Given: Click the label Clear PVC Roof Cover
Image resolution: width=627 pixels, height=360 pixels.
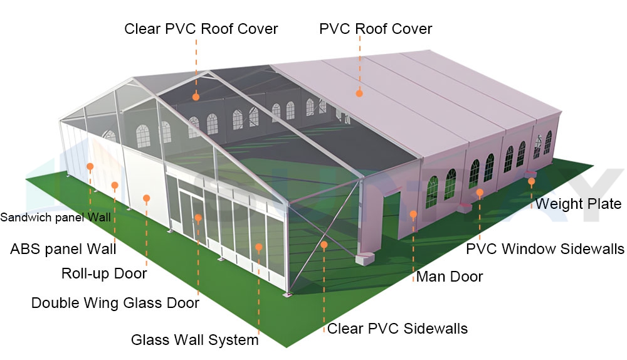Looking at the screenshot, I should click(201, 29).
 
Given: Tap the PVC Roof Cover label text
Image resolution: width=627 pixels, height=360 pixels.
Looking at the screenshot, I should click(376, 29).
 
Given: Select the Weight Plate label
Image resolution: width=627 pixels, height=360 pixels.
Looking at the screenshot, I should click(577, 204).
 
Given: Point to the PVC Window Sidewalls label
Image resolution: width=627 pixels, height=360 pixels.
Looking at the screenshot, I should click(545, 249).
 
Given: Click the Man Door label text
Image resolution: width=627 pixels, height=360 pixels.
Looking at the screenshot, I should click(450, 277).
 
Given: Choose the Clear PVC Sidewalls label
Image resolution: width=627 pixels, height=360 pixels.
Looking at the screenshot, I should click(398, 329).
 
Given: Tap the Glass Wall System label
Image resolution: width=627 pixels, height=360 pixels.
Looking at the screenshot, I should click(194, 341).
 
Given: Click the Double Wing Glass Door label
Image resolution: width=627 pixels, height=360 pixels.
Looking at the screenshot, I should click(115, 304).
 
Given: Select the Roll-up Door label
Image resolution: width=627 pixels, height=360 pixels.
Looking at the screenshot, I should click(104, 274).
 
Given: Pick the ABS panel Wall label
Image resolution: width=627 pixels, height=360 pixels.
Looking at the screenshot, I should click(63, 249).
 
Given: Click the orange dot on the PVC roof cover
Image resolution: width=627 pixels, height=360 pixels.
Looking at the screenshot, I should click(359, 93).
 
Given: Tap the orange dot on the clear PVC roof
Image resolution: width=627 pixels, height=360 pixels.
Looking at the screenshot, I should click(196, 97).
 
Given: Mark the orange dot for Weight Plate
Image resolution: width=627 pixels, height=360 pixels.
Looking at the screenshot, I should click(531, 181).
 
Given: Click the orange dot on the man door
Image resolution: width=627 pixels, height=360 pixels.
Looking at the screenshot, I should click(413, 214).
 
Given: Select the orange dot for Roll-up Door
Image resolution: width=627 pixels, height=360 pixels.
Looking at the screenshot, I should click(146, 198).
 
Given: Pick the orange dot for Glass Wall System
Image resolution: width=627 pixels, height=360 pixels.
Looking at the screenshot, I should click(258, 247).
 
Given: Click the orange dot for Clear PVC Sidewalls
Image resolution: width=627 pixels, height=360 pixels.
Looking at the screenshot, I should click(324, 245).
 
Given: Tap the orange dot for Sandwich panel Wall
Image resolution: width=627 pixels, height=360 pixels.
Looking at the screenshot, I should click(90, 167).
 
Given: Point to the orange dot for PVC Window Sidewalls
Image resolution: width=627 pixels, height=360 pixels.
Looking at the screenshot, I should click(480, 192).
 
